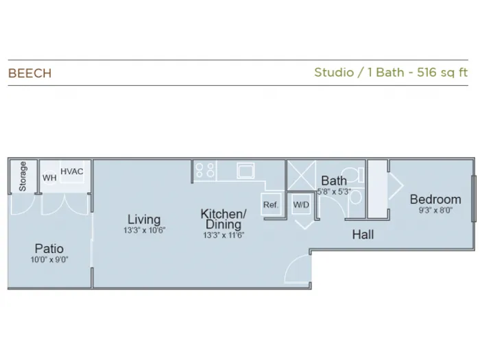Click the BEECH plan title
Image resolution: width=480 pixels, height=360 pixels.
[29, 73]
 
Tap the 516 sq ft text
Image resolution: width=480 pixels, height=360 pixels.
[442, 72]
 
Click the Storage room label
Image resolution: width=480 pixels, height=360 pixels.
[23, 176]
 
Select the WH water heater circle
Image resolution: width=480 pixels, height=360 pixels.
[49, 178]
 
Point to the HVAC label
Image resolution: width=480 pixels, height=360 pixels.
[72, 171]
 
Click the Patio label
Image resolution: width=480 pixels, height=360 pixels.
[49, 248]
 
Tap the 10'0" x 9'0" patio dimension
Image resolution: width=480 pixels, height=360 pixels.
[49, 260]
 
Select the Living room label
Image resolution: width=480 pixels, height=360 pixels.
[144, 219]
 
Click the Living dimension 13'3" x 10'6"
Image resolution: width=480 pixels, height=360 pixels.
[145, 230]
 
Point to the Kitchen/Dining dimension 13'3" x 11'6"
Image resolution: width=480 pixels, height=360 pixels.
[224, 235]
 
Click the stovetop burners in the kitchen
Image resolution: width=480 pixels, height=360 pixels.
[205, 170]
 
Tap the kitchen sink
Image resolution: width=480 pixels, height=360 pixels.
[245, 170]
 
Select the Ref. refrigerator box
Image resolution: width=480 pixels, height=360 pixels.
[271, 204]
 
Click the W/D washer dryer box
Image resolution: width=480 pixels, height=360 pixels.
[301, 204]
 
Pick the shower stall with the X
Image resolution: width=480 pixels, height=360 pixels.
[302, 176]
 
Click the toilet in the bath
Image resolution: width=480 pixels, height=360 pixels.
[352, 175]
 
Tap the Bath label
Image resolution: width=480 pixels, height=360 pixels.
[334, 180]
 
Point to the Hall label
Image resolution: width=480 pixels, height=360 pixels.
[363, 235]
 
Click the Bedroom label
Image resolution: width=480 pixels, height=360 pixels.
[435, 200]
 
